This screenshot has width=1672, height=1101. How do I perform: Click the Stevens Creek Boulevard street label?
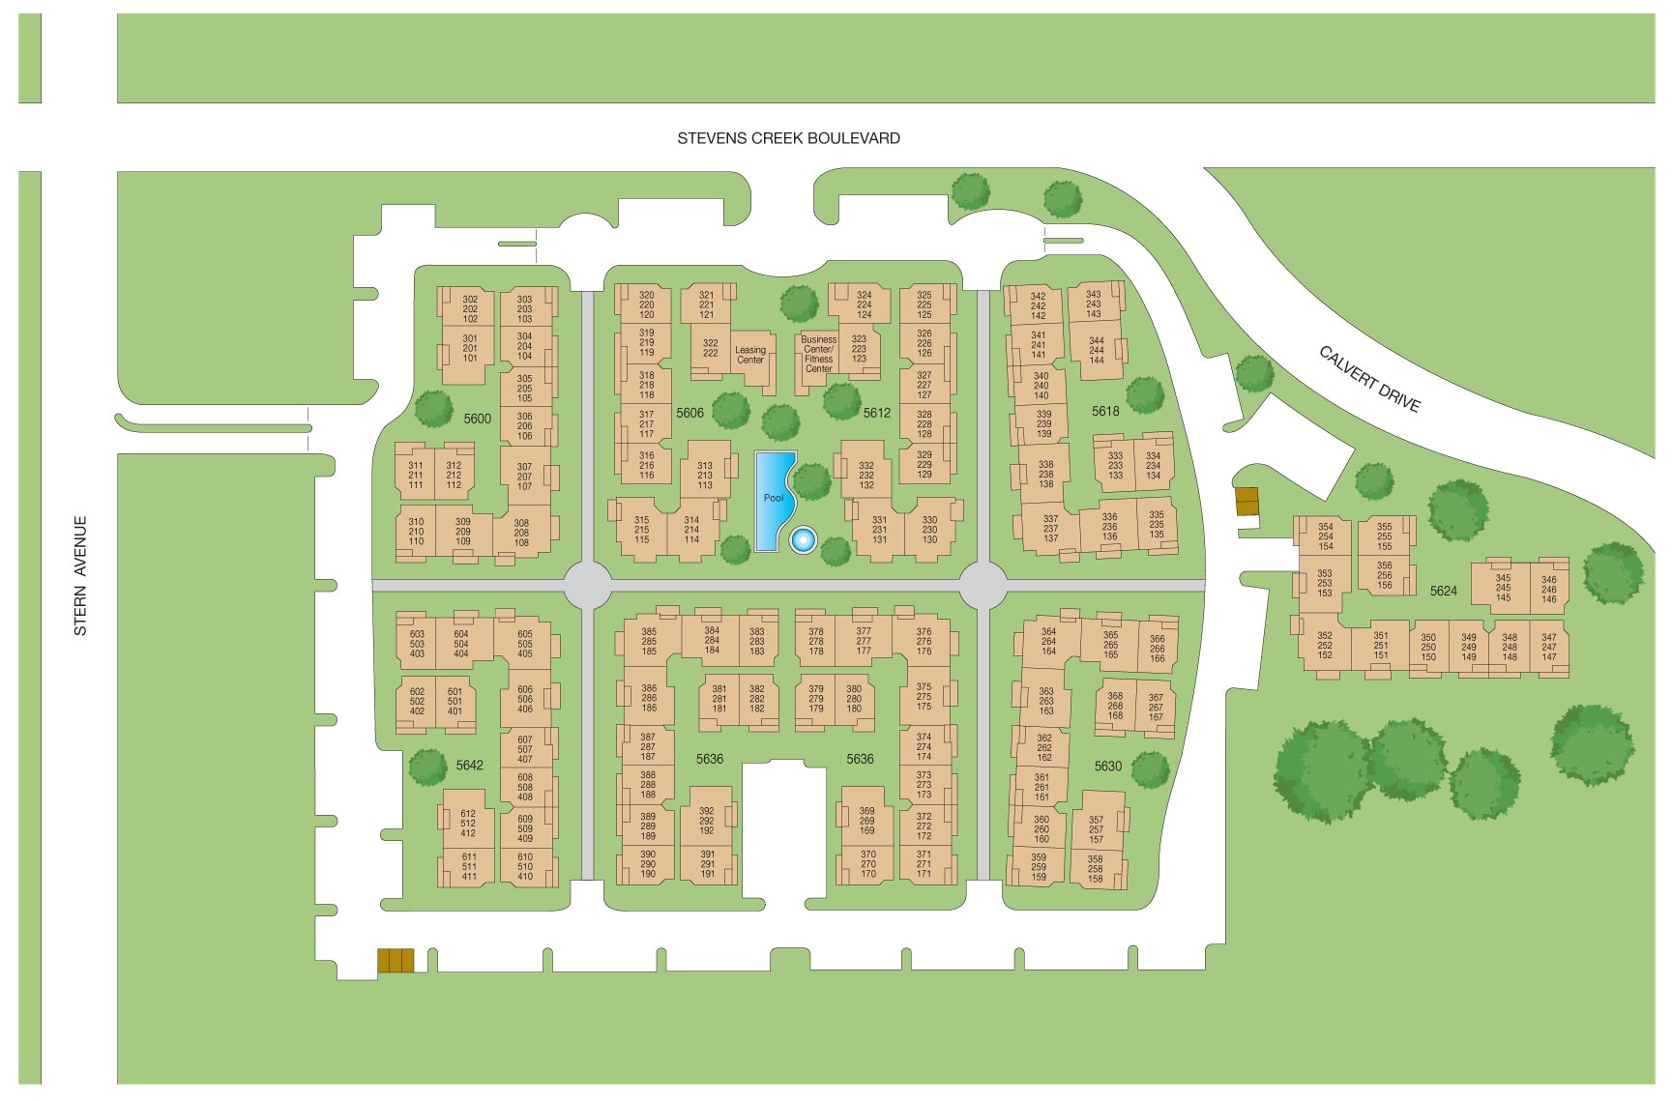[x=788, y=138]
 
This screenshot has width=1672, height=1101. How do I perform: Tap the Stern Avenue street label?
[x=80, y=575]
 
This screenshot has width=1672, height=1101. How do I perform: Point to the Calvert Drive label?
[x=1369, y=379]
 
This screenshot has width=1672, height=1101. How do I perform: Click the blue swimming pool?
[x=773, y=498]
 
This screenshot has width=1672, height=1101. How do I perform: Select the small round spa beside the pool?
[x=802, y=539]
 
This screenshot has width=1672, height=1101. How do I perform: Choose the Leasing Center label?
[x=750, y=355]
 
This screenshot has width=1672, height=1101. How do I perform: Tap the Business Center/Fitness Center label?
[x=818, y=354]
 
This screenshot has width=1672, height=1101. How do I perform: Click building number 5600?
[x=477, y=419]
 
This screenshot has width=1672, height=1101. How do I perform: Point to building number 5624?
[x=1443, y=591]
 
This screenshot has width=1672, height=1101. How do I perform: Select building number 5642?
[x=469, y=765]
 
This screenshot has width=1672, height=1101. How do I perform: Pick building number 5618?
[x=1105, y=411]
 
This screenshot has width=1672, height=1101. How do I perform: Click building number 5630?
[x=1107, y=766]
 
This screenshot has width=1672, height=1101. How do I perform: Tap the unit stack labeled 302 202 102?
[x=470, y=309]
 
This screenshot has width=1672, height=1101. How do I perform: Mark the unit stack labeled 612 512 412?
[x=468, y=824]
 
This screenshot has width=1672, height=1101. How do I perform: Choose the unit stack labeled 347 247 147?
[x=1549, y=648]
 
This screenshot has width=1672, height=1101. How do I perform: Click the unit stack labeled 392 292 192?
[x=707, y=821]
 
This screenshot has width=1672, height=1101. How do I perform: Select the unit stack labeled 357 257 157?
[x=1096, y=829]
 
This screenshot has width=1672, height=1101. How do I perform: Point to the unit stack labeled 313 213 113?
[x=705, y=476]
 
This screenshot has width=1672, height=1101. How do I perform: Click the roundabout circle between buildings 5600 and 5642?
[x=587, y=586]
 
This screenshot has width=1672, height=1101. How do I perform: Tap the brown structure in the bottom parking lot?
[x=396, y=960]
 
